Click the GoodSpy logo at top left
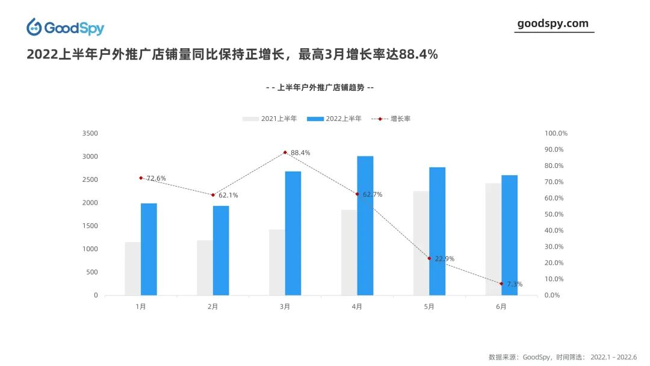point(65,28)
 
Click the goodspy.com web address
point(552,23)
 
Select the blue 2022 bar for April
point(365,226)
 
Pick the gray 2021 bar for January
point(132,268)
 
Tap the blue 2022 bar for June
point(509,235)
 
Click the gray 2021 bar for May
point(421,243)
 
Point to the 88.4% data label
point(300,153)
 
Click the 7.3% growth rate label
point(515,284)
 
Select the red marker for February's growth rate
point(212,194)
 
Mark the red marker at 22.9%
point(429,258)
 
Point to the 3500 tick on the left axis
point(90,133)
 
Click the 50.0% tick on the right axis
point(554,214)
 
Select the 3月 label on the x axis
point(285,306)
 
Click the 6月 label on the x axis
point(501,306)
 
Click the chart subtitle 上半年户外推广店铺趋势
point(320,87)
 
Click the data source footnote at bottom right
point(562,356)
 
